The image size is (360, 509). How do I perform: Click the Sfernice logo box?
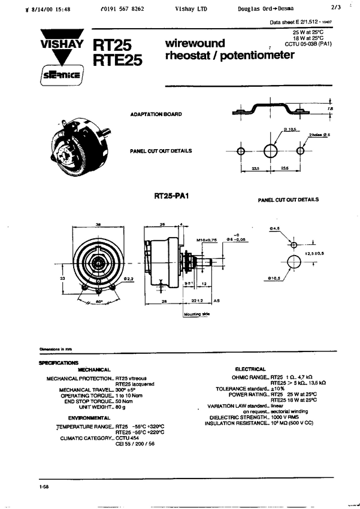(62, 76)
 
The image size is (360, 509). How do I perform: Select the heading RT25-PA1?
(171, 196)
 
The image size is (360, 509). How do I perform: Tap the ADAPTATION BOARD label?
(156, 114)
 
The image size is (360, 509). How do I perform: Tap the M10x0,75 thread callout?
(207, 240)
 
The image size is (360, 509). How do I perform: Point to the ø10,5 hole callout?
(275, 278)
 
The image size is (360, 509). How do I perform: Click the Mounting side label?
(196, 314)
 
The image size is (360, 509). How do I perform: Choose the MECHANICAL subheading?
(94, 369)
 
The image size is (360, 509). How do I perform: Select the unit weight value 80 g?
(121, 407)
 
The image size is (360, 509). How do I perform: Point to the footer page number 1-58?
(44, 488)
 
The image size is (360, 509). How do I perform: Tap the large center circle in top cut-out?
(271, 150)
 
